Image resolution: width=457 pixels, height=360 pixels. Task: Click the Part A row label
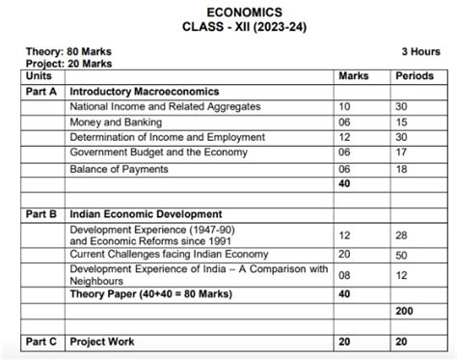tap(41, 91)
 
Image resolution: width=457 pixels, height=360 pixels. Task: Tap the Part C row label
tap(41, 342)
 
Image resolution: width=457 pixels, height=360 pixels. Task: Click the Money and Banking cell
tap(108, 123)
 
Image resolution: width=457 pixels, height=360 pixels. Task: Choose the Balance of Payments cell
tap(119, 169)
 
